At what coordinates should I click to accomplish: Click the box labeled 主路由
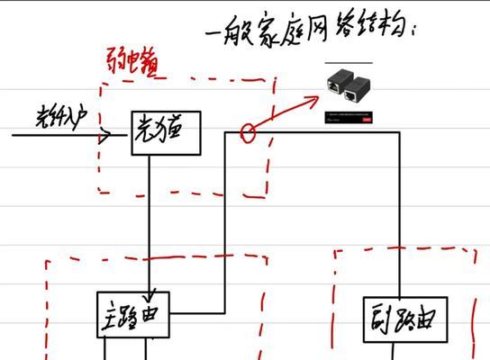point(132,315)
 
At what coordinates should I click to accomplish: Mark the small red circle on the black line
point(247,134)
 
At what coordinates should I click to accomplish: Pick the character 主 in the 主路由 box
point(110,316)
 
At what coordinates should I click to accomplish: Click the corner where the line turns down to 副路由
point(399,134)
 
